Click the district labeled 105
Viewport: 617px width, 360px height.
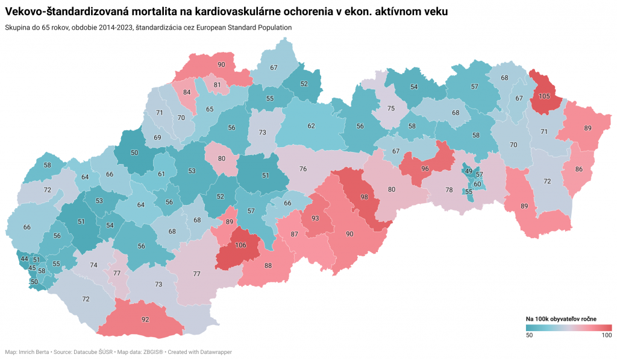544,96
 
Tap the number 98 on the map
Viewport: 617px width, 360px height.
364,197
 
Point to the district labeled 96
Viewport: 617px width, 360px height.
425,169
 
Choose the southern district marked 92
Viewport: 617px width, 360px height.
145,320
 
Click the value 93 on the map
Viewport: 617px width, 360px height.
315,218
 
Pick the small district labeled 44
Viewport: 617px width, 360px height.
24,259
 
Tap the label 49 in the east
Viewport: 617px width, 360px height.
468,171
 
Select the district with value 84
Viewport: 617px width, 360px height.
187,92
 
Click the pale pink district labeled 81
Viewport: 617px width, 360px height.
217,85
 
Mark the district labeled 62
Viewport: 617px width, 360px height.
311,126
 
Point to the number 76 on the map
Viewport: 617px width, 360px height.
303,169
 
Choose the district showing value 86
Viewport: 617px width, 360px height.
579,170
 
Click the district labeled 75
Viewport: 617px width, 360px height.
390,109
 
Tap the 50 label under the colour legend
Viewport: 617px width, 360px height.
530,335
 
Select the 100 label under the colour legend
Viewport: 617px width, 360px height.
606,335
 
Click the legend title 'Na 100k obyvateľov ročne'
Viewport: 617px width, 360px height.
561,318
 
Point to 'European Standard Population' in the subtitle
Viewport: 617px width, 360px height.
241,28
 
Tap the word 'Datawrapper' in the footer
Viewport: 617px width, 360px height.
213,352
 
